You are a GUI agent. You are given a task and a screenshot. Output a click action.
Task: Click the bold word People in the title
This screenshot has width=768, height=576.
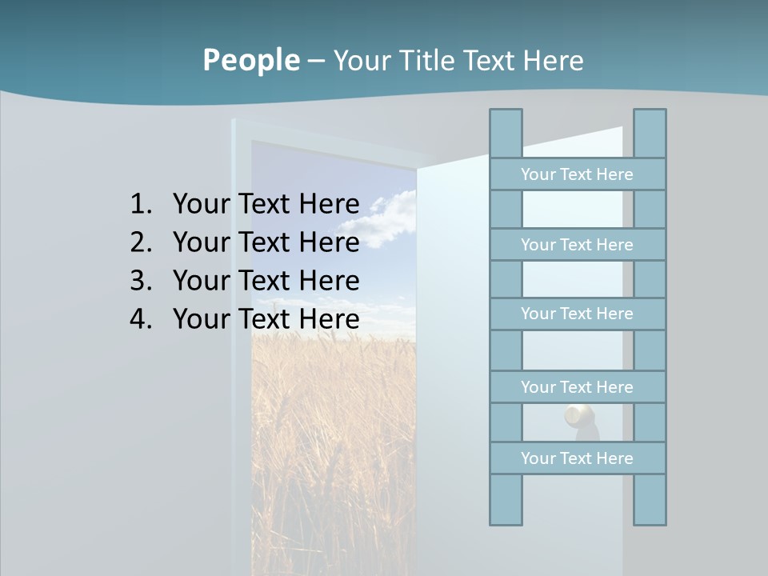tap(250, 60)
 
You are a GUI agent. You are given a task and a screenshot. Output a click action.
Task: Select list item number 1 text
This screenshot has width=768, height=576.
tap(266, 204)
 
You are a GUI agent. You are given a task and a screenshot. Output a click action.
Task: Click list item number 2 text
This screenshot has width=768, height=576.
tap(266, 242)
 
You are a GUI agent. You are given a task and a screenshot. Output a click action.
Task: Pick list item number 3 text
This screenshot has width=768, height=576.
tap(266, 281)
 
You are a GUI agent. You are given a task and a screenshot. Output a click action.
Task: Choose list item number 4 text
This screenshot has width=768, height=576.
tap(266, 319)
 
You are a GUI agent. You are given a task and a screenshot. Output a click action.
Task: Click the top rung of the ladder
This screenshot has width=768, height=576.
tap(577, 174)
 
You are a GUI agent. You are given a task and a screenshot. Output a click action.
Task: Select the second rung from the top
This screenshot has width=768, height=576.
tap(577, 244)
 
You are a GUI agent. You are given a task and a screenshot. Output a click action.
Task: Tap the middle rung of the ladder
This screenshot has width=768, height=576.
tap(577, 314)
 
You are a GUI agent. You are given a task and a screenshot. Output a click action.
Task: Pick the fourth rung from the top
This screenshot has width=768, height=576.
tap(577, 386)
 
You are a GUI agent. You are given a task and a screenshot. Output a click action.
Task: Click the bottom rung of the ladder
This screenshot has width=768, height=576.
tap(577, 458)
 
